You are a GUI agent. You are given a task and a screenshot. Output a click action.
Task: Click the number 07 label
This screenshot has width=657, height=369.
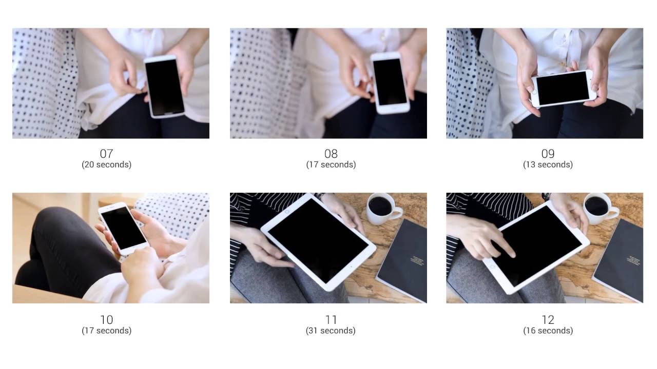coord(106,153)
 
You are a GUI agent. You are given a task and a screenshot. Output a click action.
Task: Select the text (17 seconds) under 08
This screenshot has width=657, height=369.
coord(331,165)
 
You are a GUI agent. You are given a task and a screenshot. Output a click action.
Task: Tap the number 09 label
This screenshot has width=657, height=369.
coord(548,153)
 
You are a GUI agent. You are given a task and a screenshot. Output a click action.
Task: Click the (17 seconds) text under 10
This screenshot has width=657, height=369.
coord(106,331)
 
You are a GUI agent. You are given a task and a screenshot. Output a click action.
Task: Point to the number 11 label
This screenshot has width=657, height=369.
coord(331,320)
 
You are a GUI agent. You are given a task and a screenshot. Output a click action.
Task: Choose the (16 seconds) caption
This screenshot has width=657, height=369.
coord(548,331)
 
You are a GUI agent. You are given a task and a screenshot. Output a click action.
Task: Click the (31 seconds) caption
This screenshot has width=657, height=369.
coord(331,331)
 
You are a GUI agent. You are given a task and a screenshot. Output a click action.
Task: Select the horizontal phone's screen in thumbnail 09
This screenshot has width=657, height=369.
coord(563,88)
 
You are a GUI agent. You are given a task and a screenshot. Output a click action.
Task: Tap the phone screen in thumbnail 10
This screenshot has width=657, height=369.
coord(123,228)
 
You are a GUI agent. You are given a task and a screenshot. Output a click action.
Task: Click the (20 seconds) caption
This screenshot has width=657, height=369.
coord(106,165)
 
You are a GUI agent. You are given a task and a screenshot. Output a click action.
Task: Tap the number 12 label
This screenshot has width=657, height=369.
coord(548,320)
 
